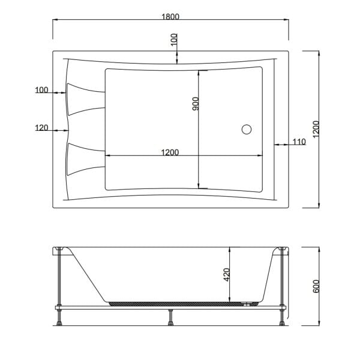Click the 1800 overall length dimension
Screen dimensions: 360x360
(170, 17)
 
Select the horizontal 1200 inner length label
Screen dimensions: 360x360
(170, 152)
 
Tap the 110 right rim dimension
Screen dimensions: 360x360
(299, 142)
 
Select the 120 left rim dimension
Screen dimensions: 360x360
(41, 128)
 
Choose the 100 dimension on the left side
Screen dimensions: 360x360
(41, 91)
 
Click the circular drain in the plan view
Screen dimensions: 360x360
(247, 128)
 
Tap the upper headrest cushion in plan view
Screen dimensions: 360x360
(85, 100)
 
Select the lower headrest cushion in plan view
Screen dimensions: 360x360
(85, 159)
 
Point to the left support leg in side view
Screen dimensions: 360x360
(59, 282)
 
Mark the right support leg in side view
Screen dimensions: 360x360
(282, 282)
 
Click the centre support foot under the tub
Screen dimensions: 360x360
(172, 318)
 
